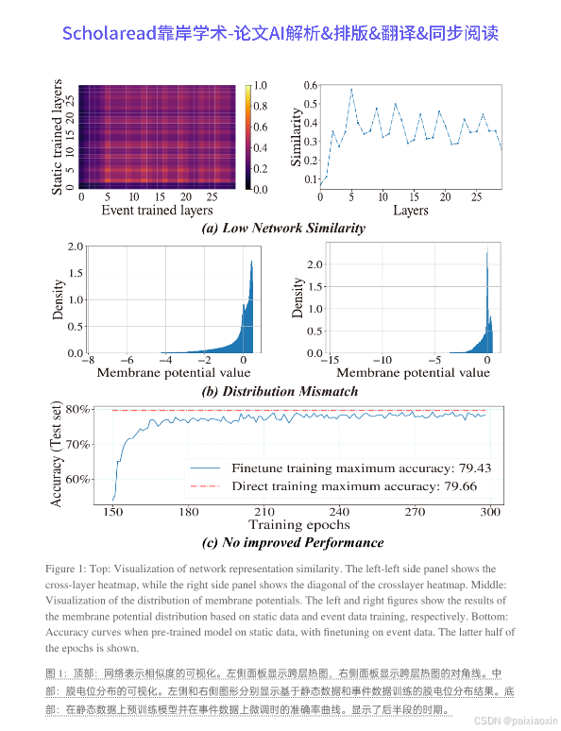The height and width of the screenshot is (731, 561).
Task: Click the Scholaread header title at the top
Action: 280,33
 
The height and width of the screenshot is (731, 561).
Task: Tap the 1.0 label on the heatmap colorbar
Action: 261,85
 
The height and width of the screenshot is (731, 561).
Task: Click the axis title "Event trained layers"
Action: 157,211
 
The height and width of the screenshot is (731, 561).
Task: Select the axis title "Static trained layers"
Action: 57,137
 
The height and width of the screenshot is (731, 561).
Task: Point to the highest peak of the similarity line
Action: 351,89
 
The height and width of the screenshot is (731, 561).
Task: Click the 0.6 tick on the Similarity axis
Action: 310,85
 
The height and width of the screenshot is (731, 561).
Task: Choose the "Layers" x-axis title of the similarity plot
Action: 411,211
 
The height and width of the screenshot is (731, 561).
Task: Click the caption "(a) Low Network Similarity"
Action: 283,228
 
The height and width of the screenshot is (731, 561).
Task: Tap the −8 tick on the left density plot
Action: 88,361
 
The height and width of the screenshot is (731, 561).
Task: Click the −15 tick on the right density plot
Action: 331,361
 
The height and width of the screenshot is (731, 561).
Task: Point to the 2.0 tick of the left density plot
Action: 76,246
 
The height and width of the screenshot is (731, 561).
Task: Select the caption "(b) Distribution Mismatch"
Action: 280,391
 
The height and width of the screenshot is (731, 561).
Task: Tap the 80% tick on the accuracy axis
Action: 77,409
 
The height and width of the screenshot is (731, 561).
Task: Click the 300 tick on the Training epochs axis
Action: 490,512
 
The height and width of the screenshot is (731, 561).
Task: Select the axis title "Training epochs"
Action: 299,525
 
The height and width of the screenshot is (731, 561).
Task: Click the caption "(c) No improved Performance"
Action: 293,543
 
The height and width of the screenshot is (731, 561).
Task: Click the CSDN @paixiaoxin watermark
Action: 515,721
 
